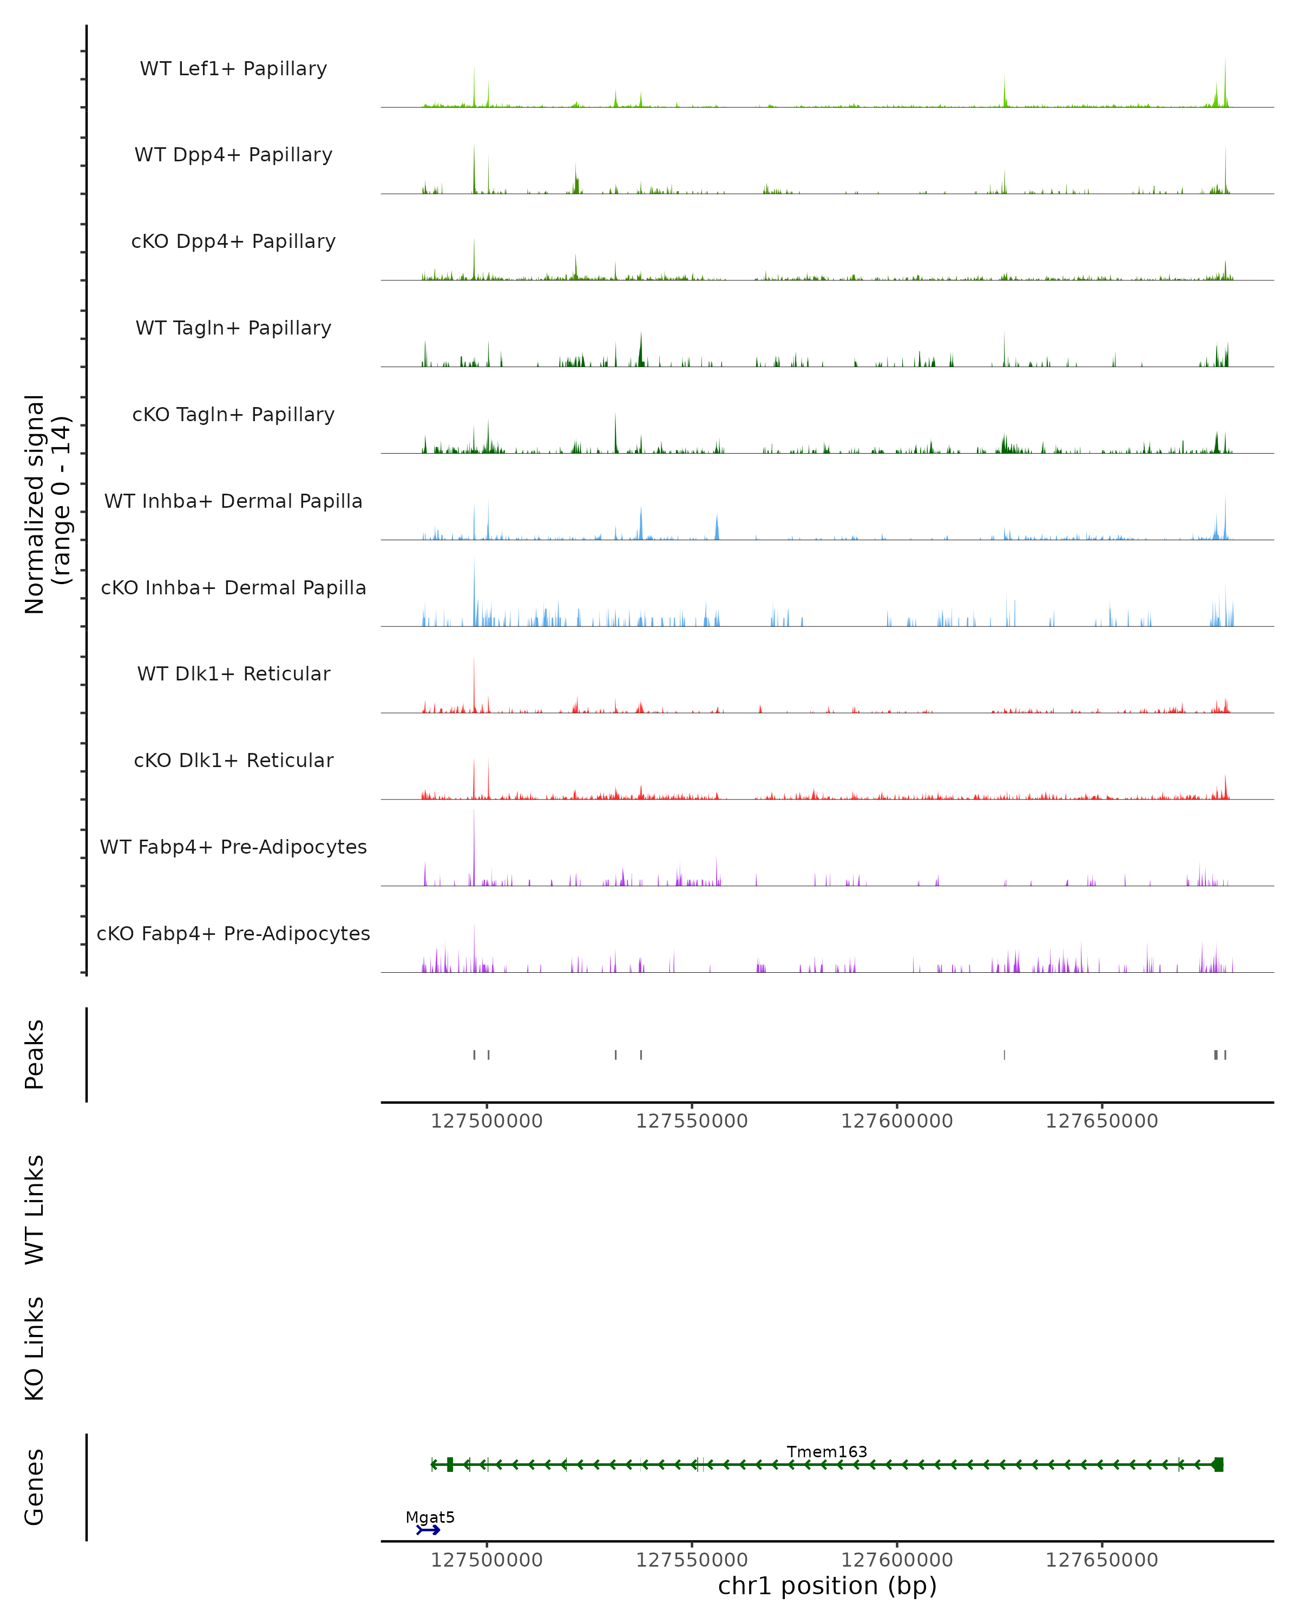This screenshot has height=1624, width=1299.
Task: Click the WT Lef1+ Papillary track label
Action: pyautogui.click(x=233, y=69)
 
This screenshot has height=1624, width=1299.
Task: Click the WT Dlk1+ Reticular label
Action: pyautogui.click(x=233, y=673)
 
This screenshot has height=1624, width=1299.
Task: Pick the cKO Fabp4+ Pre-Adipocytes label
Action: pyautogui.click(x=233, y=933)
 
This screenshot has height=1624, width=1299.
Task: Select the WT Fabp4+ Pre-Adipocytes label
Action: pyautogui.click(x=233, y=847)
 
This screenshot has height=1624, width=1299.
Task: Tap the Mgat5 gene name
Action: pyautogui.click(x=430, y=1517)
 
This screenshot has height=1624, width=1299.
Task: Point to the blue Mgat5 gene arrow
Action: pyautogui.click(x=429, y=1530)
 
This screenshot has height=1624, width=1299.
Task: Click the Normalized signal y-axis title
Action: pyautogui.click(x=47, y=504)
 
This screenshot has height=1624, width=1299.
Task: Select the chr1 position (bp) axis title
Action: pyautogui.click(x=827, y=1586)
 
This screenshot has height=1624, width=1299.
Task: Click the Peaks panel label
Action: pyautogui.click(x=35, y=1055)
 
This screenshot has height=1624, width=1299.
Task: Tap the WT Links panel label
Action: pyautogui.click(x=35, y=1209)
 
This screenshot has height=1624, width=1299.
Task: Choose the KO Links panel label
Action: pyautogui.click(x=35, y=1348)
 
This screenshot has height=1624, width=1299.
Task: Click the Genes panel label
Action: pyautogui.click(x=35, y=1487)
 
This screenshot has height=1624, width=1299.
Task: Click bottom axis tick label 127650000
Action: pyautogui.click(x=1101, y=1560)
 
